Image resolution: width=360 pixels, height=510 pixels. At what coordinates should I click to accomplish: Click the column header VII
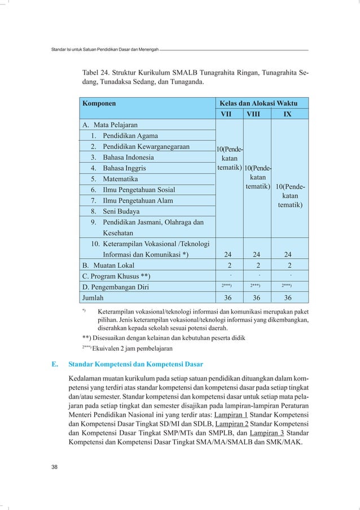229,114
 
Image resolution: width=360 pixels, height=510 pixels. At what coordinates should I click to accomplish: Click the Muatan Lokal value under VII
229,265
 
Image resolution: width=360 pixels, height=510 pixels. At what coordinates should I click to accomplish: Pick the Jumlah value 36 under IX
289,298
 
